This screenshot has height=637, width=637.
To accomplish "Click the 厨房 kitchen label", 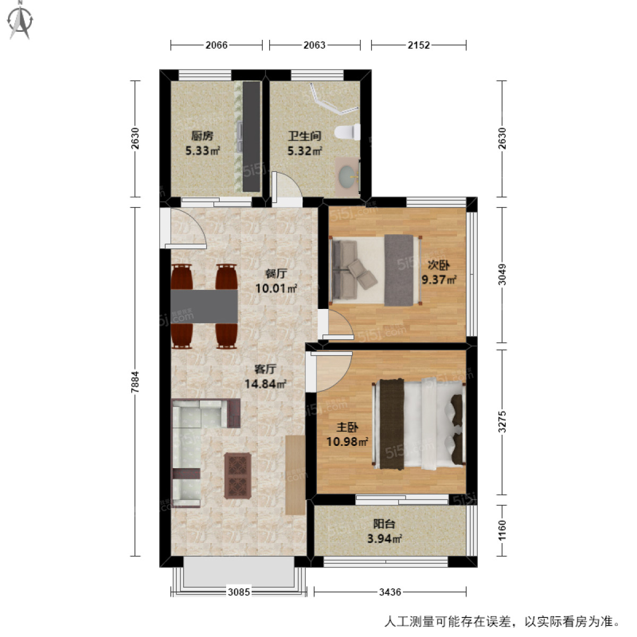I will (202, 136).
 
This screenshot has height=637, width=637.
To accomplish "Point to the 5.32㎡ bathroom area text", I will (305, 151).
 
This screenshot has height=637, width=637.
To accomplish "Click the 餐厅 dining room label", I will (276, 274).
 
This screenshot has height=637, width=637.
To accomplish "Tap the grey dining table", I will (204, 306).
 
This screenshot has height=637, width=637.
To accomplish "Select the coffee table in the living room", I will (237, 475).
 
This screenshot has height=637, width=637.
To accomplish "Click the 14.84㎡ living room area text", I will (265, 383).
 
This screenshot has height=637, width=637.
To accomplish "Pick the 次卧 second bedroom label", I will (438, 265).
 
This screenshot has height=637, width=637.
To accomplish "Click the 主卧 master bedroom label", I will (347, 427).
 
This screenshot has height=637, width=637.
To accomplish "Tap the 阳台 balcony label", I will (384, 524).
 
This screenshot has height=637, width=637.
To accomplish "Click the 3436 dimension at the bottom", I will (390, 591).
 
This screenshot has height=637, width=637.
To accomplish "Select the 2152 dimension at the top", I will (418, 45).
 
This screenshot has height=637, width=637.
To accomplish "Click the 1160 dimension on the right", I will (502, 530).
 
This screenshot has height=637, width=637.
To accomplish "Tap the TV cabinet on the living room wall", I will (295, 475).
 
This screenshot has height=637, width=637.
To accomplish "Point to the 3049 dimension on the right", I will (502, 274).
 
